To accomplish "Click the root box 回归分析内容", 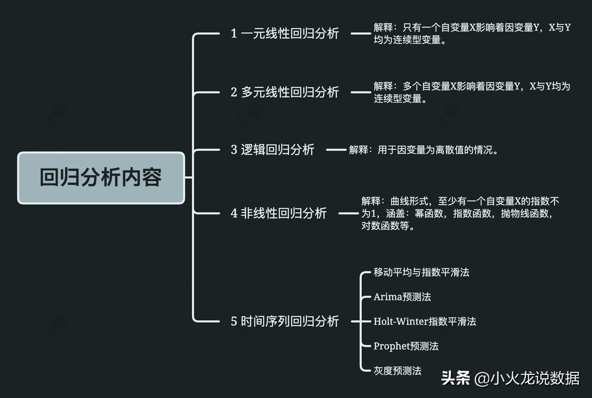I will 101,178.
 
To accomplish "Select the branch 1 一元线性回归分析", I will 285,34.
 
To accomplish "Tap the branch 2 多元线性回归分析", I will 285,92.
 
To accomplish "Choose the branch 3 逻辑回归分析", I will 272,150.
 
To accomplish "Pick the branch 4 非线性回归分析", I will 279,213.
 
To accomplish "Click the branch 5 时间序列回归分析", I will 285,321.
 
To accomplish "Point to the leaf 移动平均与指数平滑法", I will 421,273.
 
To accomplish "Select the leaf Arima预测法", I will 402,297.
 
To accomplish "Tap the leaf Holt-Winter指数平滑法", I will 425,321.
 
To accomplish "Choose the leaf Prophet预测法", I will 406,346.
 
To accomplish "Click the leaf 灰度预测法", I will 397,371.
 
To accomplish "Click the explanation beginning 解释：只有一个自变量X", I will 472,34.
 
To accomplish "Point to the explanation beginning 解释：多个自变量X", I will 472,92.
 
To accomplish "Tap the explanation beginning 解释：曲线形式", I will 460,213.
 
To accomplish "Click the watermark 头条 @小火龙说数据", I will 510,379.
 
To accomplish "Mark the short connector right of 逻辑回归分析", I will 336,150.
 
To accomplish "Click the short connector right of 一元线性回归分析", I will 361,34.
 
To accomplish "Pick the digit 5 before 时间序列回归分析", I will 234,321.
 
